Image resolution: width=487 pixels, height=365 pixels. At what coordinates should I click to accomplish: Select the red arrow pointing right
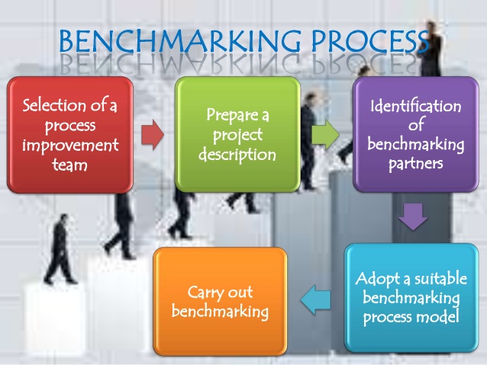point(153,135)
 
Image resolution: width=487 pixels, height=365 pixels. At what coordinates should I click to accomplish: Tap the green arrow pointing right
point(326,135)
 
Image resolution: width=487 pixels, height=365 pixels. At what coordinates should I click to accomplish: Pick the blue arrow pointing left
point(315,302)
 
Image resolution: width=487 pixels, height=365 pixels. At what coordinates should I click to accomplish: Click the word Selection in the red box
point(51,104)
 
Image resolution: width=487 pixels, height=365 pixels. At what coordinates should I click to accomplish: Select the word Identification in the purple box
point(415,105)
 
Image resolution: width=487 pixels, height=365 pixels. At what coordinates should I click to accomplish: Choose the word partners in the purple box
point(415,161)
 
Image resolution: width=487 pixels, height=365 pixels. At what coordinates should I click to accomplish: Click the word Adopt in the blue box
point(376,278)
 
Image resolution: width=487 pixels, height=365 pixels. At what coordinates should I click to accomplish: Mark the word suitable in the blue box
point(438,278)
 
